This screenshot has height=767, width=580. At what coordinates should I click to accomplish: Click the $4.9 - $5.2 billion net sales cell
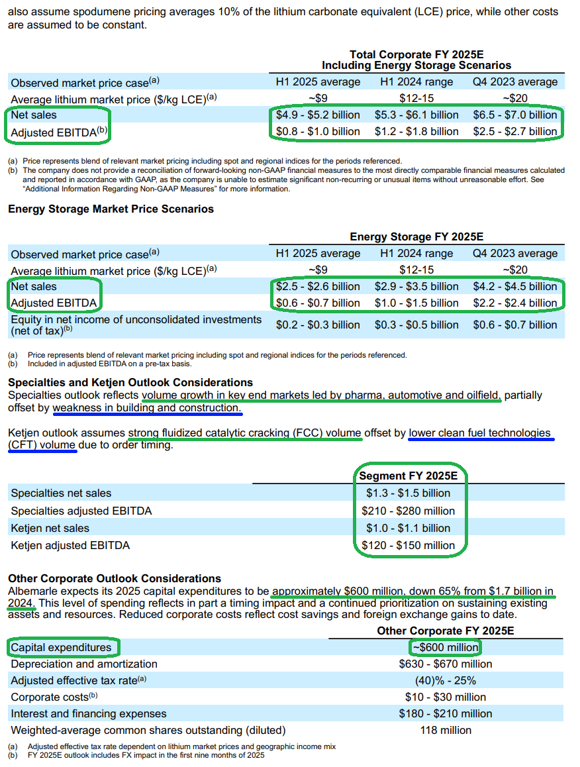point(318,115)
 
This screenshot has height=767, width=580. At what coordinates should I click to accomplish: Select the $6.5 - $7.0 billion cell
point(515,115)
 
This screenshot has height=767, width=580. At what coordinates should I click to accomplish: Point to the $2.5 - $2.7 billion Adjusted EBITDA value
point(515,131)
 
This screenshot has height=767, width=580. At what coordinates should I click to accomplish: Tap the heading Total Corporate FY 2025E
point(416,54)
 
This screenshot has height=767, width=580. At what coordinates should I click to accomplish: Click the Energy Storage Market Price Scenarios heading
point(111,209)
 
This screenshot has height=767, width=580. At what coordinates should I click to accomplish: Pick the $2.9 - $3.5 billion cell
point(416,286)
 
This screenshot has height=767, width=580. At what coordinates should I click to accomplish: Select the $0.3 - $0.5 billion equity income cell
point(416,325)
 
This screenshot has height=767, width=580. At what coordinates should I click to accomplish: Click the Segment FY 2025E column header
point(409,476)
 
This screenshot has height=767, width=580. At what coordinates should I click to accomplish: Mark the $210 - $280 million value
point(409,511)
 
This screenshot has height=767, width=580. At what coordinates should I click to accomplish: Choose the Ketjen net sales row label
point(50,528)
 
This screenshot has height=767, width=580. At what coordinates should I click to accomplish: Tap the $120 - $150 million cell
point(409,546)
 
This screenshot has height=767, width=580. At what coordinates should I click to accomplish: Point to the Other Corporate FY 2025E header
point(446,631)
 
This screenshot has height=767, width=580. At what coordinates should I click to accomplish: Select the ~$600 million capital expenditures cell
point(446,647)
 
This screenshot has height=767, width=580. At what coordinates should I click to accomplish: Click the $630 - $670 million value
point(446,664)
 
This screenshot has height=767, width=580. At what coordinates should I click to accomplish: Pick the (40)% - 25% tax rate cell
point(446,680)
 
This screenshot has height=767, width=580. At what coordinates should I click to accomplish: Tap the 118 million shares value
point(446,730)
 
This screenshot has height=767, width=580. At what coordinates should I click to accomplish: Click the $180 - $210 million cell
point(446,713)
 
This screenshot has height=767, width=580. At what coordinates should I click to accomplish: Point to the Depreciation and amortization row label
point(84,664)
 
